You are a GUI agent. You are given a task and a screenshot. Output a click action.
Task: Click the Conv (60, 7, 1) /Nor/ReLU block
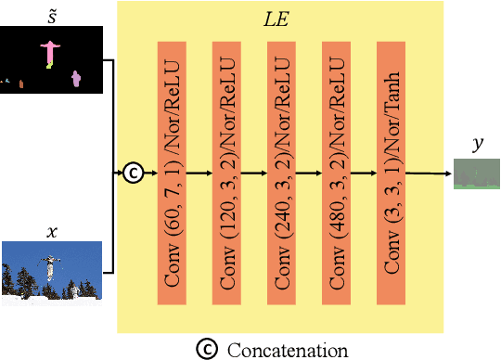click(x=173, y=172)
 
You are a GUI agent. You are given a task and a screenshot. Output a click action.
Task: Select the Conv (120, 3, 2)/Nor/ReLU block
click(x=227, y=172)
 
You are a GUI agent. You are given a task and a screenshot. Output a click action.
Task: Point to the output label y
click(x=477, y=146)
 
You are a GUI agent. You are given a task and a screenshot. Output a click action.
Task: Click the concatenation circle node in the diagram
click(x=135, y=173)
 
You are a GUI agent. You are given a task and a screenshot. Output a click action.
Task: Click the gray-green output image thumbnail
click(x=477, y=174)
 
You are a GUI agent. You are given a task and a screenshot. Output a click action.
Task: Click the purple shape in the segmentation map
click(x=76, y=81)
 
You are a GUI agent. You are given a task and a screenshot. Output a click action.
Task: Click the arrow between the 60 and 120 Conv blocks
click(x=200, y=173)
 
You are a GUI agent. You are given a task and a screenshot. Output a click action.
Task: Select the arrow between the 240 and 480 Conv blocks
click(x=311, y=173)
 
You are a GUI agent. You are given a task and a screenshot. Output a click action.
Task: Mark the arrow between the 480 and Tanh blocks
click(x=366, y=173)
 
